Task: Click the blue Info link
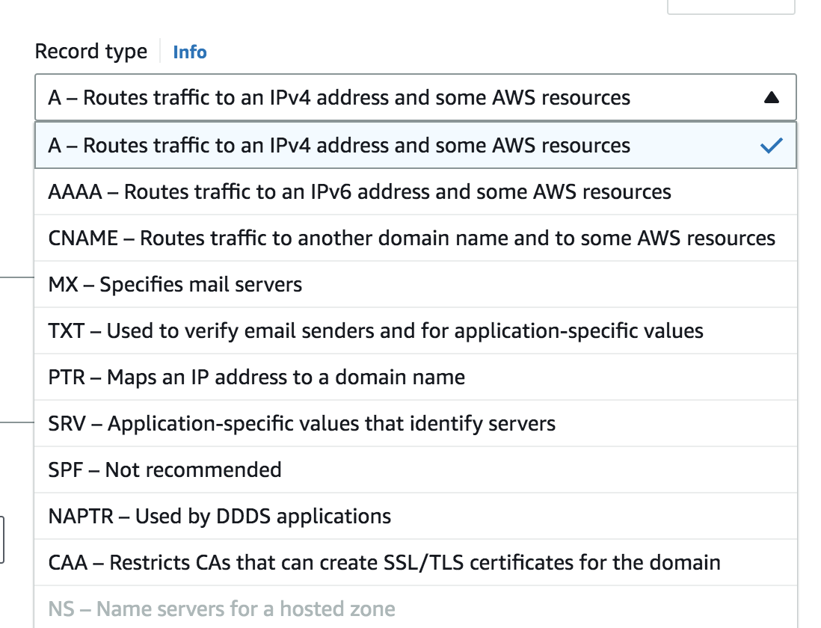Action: (x=189, y=52)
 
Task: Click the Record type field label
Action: (x=90, y=52)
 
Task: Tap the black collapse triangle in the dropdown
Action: (x=771, y=97)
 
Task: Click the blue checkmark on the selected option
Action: (x=771, y=145)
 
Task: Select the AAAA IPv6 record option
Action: (x=415, y=191)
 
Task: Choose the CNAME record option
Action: (x=415, y=238)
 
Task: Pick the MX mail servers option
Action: (x=415, y=284)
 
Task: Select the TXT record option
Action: (x=415, y=330)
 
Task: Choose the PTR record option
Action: (x=415, y=377)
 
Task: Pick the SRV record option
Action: (x=415, y=423)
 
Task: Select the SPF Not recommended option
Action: (x=415, y=470)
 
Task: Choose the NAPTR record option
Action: (x=415, y=516)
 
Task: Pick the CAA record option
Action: (x=415, y=562)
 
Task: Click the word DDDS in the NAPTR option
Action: (x=244, y=516)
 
